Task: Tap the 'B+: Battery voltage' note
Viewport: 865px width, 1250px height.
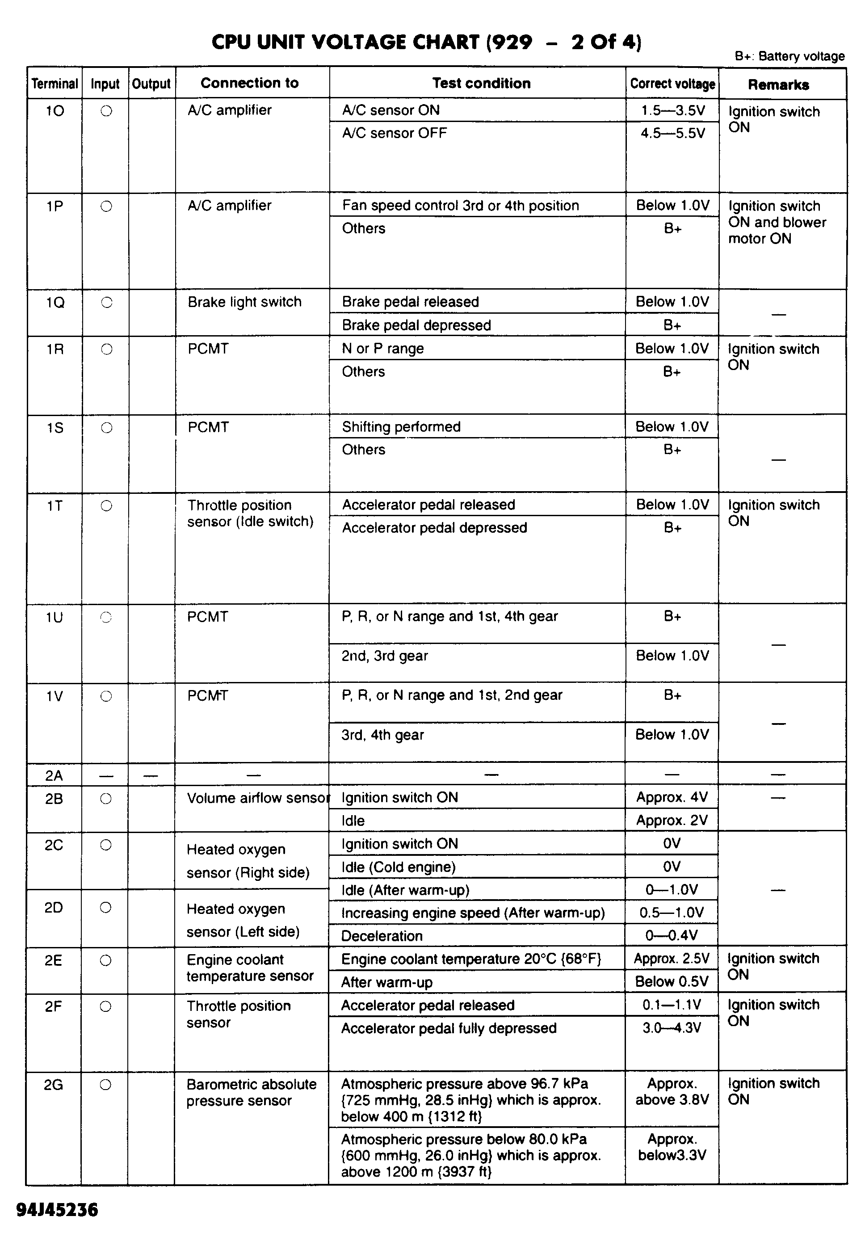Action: pos(789,56)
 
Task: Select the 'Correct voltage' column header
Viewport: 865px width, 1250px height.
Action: pos(672,84)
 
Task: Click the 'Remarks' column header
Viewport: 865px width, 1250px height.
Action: pos(778,84)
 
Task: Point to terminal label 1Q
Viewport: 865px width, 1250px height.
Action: pos(55,303)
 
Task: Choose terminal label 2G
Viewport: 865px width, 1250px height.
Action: pos(53,1085)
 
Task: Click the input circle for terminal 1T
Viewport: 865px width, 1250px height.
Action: pos(106,506)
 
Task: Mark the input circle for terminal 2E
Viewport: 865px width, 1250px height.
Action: pos(106,960)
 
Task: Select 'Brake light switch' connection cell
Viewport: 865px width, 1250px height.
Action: pos(244,302)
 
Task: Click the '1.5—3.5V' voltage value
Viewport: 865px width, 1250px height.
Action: pos(672,110)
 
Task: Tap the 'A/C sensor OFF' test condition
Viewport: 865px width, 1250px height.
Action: pos(394,133)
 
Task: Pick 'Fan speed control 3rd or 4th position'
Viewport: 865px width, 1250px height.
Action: pos(460,206)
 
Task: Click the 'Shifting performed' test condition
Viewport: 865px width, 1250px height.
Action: pos(401,427)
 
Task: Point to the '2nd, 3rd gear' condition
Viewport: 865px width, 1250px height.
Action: pos(384,656)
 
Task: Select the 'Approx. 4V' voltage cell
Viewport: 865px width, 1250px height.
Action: pos(672,797)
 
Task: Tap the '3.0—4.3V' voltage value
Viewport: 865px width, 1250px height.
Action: pos(672,1028)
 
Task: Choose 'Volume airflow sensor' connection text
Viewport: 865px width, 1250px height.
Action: pos(257,798)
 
